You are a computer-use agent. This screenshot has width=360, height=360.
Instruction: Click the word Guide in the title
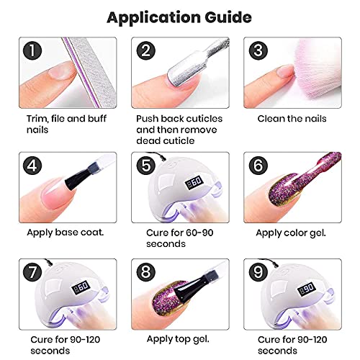pyautogui.click(x=228, y=17)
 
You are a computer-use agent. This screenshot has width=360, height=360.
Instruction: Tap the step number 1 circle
pyautogui.click(x=32, y=51)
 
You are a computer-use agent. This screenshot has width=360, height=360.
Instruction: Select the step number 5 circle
pyautogui.click(x=146, y=166)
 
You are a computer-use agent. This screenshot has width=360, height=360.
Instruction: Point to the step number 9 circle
pyautogui.click(x=258, y=272)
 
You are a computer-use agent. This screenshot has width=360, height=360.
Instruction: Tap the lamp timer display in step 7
pyautogui.click(x=81, y=287)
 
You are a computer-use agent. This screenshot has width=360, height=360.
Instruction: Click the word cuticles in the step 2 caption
pyautogui.click(x=204, y=119)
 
